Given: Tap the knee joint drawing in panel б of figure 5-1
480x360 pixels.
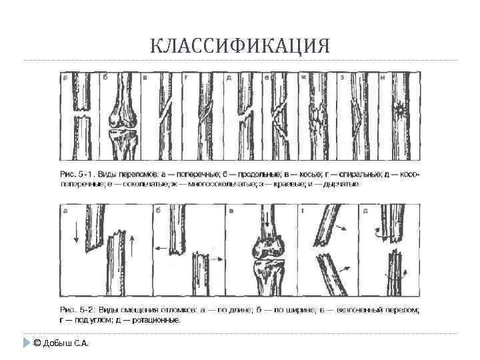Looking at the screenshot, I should [x=123, y=123].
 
